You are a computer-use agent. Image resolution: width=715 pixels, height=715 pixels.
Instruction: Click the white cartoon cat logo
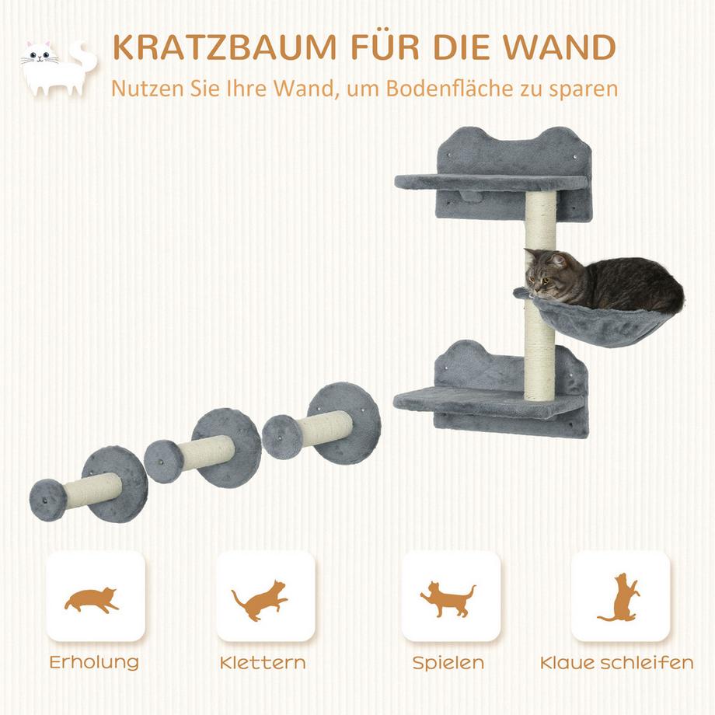[54, 68]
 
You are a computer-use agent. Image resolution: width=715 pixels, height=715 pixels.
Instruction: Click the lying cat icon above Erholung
[92, 598]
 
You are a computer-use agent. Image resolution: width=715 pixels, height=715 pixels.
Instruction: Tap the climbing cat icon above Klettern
[260, 598]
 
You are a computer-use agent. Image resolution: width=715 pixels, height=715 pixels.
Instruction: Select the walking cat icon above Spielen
[448, 598]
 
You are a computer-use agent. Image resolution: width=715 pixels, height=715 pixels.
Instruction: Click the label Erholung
[94, 663]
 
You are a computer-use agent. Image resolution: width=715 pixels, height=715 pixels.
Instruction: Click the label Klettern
[262, 663]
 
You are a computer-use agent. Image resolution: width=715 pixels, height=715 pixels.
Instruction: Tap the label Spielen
[448, 663]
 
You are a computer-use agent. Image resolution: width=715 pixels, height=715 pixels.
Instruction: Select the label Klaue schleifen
[616, 663]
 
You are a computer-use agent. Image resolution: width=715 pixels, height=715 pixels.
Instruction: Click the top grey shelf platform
[490, 183]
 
